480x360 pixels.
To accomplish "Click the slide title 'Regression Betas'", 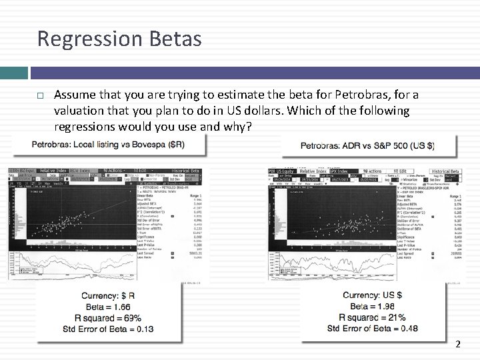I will point(119,39).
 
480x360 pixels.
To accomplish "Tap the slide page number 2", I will point(457,345).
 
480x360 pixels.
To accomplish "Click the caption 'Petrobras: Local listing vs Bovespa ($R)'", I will point(109,144).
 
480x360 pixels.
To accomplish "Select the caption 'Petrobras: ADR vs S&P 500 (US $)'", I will point(367,145).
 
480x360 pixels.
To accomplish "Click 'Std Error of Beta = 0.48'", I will point(372,327).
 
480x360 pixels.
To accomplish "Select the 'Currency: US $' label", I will point(372,295).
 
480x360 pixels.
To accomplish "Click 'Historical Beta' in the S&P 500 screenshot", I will point(445,171).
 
